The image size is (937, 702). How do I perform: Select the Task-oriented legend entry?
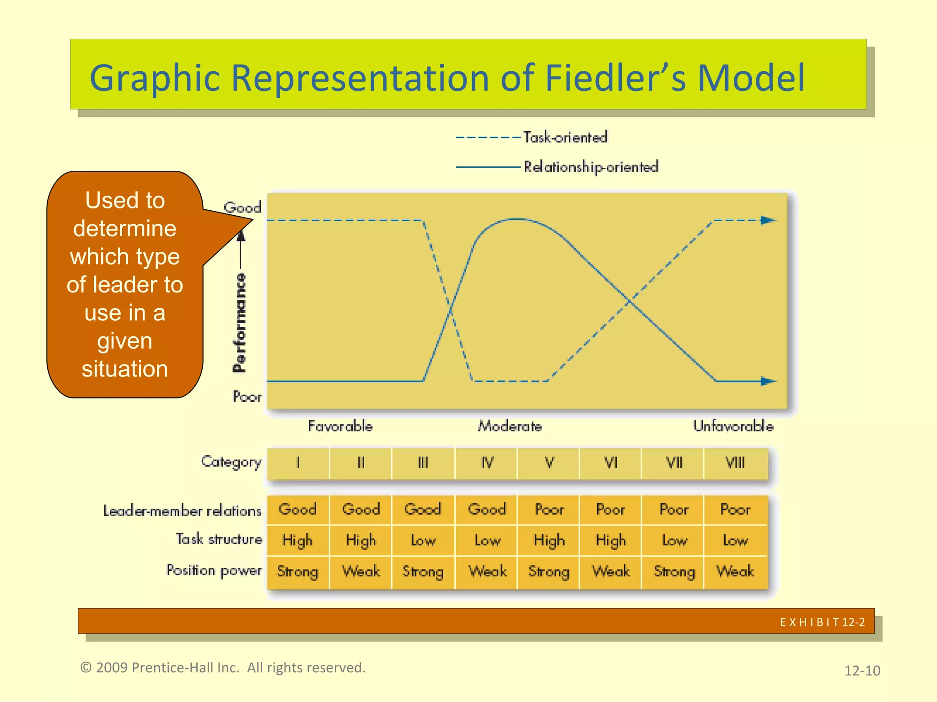(565, 137)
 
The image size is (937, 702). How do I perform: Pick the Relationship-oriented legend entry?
(590, 167)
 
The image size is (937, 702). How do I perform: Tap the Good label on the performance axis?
(242, 207)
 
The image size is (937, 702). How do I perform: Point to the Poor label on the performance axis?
(247, 396)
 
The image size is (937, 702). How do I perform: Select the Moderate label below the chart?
(510, 426)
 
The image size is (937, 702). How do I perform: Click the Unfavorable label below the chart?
(733, 426)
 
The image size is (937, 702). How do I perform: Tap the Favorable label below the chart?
(340, 426)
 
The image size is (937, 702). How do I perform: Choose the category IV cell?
(487, 463)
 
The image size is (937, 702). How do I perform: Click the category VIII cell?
(735, 463)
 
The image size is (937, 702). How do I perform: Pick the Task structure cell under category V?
(549, 541)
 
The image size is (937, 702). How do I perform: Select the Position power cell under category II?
(361, 571)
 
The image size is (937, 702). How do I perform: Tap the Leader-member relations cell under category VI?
(610, 509)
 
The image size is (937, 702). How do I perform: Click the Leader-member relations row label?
(182, 511)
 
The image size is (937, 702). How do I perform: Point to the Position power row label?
(214, 570)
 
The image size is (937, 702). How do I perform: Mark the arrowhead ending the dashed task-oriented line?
(768, 220)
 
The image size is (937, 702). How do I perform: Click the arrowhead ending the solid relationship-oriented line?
(768, 381)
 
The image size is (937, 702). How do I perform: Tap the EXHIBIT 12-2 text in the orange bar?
(822, 622)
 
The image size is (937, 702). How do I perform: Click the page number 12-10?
(862, 670)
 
